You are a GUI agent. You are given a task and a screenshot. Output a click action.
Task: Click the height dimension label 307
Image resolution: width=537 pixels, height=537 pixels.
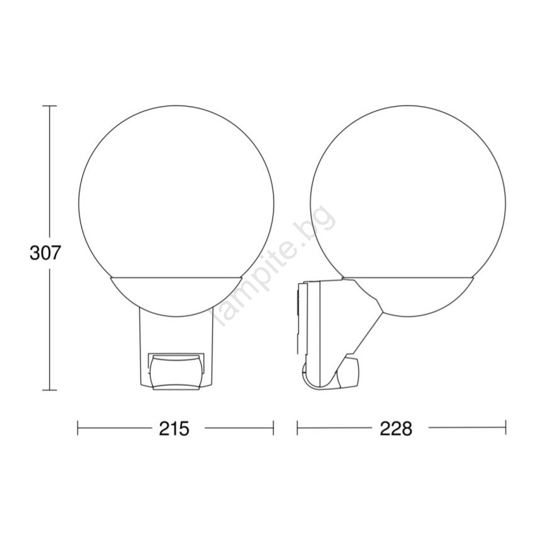click(45, 253)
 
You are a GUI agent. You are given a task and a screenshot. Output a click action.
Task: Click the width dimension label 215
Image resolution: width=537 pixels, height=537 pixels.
click(174, 428)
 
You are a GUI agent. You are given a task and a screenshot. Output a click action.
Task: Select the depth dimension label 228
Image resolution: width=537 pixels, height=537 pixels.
click(396, 428)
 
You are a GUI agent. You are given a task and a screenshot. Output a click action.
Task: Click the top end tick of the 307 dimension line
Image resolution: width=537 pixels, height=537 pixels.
click(49, 106)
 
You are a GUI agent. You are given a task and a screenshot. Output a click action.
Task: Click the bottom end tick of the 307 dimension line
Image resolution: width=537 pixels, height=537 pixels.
click(49, 390)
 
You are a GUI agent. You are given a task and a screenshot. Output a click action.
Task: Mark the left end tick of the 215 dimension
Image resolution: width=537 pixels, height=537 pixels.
click(78, 428)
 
